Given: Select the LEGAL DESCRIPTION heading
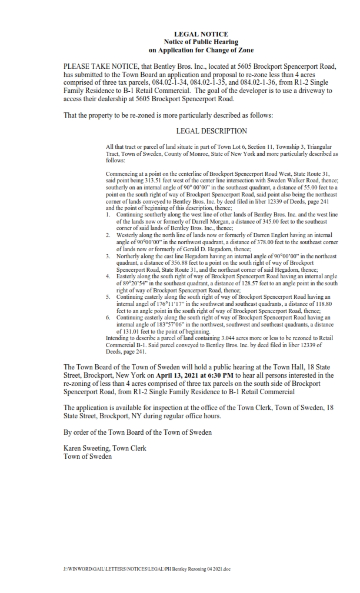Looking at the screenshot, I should click(x=211, y=131).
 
